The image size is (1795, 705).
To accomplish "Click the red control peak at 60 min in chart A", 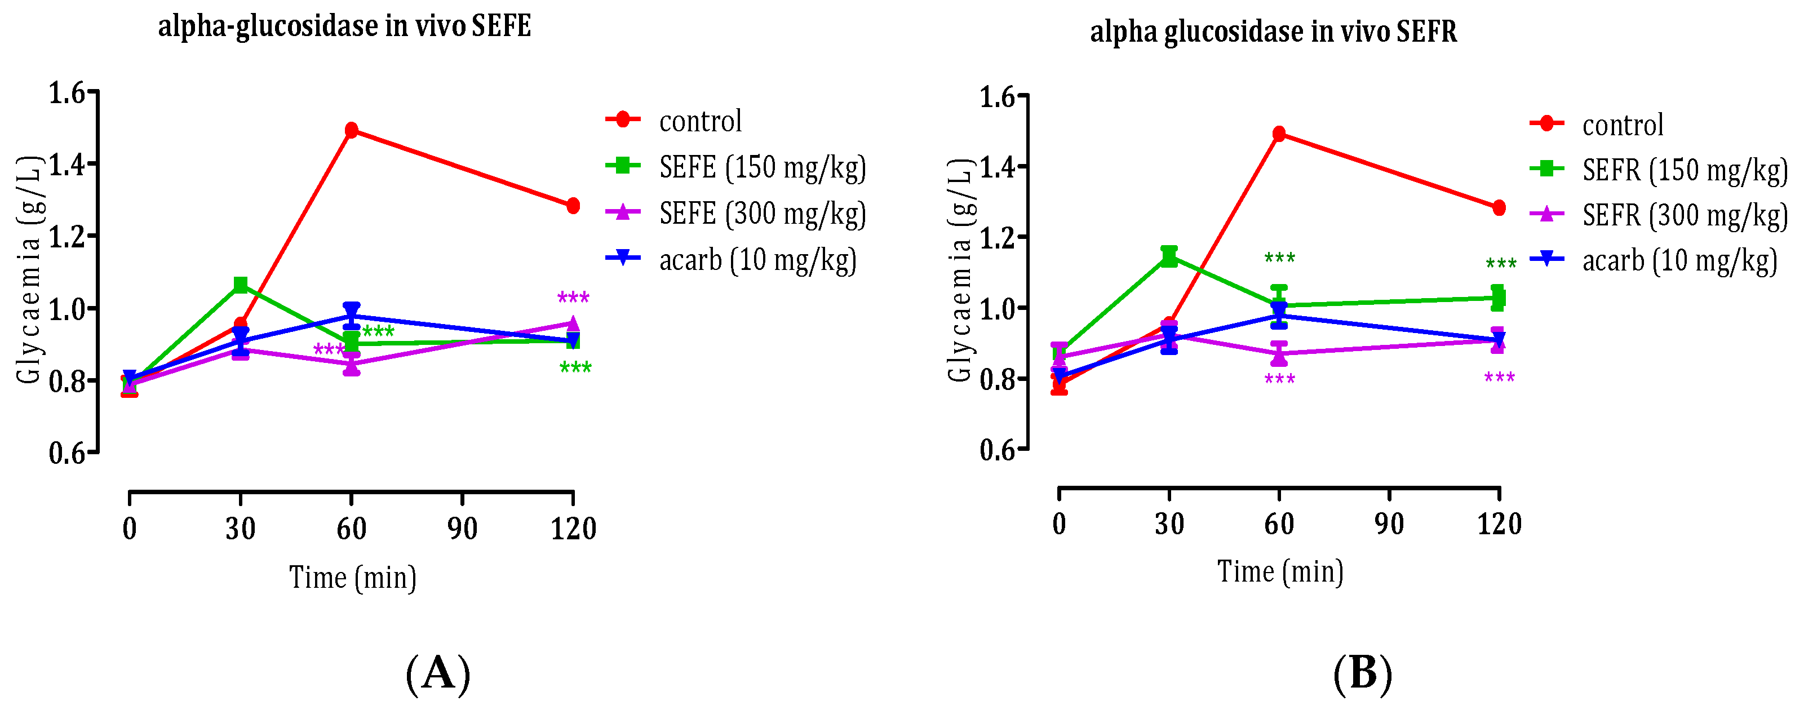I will coord(351,130).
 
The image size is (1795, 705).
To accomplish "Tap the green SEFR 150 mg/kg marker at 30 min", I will coord(1169,256).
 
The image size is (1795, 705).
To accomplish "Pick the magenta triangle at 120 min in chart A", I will coord(573,323).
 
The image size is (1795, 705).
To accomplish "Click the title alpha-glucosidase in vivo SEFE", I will coord(344,26).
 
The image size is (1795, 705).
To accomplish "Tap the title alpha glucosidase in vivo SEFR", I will coord(1273,32).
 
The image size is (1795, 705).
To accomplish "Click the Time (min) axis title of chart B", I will coord(1280,572).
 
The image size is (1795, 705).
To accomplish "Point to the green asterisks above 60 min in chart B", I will coord(1279,259).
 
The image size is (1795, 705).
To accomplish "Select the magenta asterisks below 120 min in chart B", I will coord(1499,378).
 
